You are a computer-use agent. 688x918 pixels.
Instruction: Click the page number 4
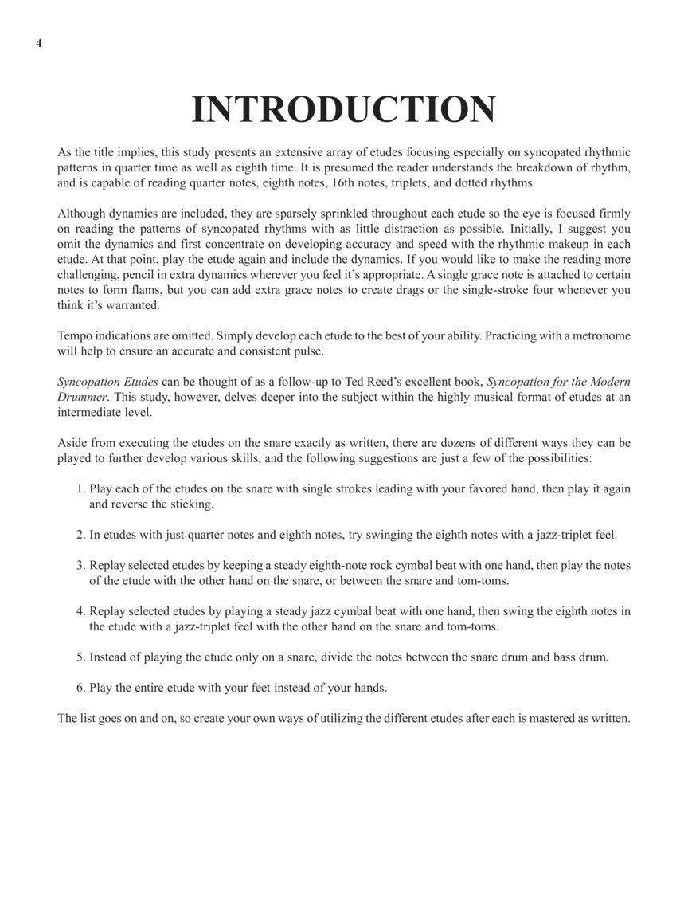(38, 43)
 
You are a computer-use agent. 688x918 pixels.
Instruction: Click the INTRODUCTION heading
(343, 110)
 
